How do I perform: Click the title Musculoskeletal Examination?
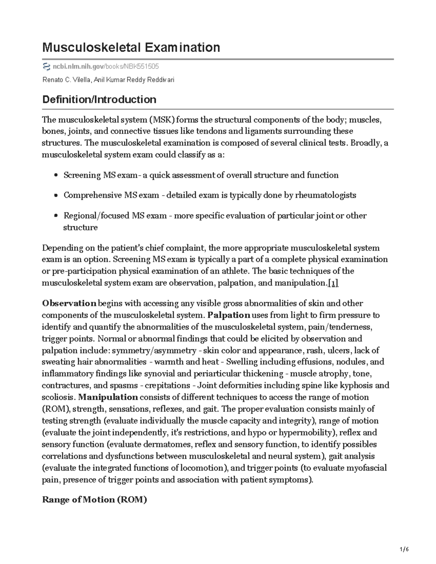click(131, 47)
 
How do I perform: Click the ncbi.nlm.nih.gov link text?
click(78, 66)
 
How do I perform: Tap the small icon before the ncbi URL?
click(46, 66)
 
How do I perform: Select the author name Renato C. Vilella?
click(67, 80)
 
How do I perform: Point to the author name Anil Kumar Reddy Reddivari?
click(134, 80)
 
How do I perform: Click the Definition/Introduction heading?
click(99, 99)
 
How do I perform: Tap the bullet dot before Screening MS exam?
click(56, 175)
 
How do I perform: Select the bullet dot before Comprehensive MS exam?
click(56, 195)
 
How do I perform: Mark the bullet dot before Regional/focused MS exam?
click(56, 216)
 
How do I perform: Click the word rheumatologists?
click(326, 195)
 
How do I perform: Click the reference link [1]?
click(333, 283)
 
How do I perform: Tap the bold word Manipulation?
click(108, 397)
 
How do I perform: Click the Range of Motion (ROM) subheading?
click(94, 500)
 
